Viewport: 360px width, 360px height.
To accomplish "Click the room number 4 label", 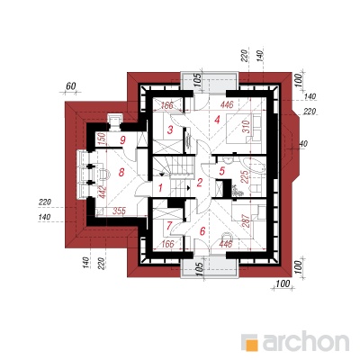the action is pyautogui.click(x=217, y=121).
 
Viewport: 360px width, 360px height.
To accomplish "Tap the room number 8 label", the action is pyautogui.click(x=121, y=173).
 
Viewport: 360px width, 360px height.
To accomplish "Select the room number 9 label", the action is pyautogui.click(x=122, y=139).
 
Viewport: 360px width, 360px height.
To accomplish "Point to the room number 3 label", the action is pyautogui.click(x=170, y=130).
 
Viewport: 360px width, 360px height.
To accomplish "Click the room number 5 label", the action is pyautogui.click(x=222, y=171).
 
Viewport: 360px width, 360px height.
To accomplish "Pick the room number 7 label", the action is pyautogui.click(x=169, y=225).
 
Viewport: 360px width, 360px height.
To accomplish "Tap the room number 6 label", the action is pyautogui.click(x=202, y=231).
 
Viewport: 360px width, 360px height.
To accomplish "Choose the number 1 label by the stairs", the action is pyautogui.click(x=160, y=188).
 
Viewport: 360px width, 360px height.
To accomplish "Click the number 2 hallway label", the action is pyautogui.click(x=200, y=183).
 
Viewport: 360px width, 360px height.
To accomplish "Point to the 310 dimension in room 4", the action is pyautogui.click(x=246, y=127).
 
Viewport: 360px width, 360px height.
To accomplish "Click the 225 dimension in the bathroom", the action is pyautogui.click(x=245, y=178).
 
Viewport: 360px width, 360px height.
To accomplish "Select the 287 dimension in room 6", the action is pyautogui.click(x=246, y=221).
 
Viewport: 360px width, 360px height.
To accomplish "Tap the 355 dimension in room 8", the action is pyautogui.click(x=119, y=211).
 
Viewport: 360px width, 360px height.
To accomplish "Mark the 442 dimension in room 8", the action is pyautogui.click(x=103, y=193).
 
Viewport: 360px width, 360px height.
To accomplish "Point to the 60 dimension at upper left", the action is pyautogui.click(x=70, y=86).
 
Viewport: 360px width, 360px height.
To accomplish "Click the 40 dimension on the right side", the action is pyautogui.click(x=303, y=144).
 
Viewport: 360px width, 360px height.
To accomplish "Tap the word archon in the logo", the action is pyautogui.click(x=306, y=341).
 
